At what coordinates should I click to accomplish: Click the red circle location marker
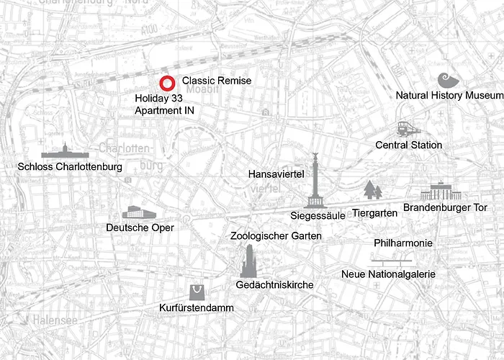coord(167,82)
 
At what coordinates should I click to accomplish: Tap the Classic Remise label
coord(217,81)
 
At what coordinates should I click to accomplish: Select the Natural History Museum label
coord(449,96)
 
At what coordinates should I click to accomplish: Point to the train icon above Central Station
coord(409,129)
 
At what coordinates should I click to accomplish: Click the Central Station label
coord(409,145)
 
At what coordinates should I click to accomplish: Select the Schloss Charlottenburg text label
coord(70,167)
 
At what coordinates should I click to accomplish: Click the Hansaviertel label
coord(276,175)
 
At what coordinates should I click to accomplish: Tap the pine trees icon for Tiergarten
coord(372,190)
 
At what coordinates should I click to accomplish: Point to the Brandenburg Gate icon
coord(439,191)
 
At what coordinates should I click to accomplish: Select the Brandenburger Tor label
coord(445,207)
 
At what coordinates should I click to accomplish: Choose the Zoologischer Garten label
coord(276,235)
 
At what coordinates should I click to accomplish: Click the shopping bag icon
coord(196,292)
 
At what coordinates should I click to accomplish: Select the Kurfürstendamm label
coord(196,308)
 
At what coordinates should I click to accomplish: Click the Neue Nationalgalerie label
coord(388,274)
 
